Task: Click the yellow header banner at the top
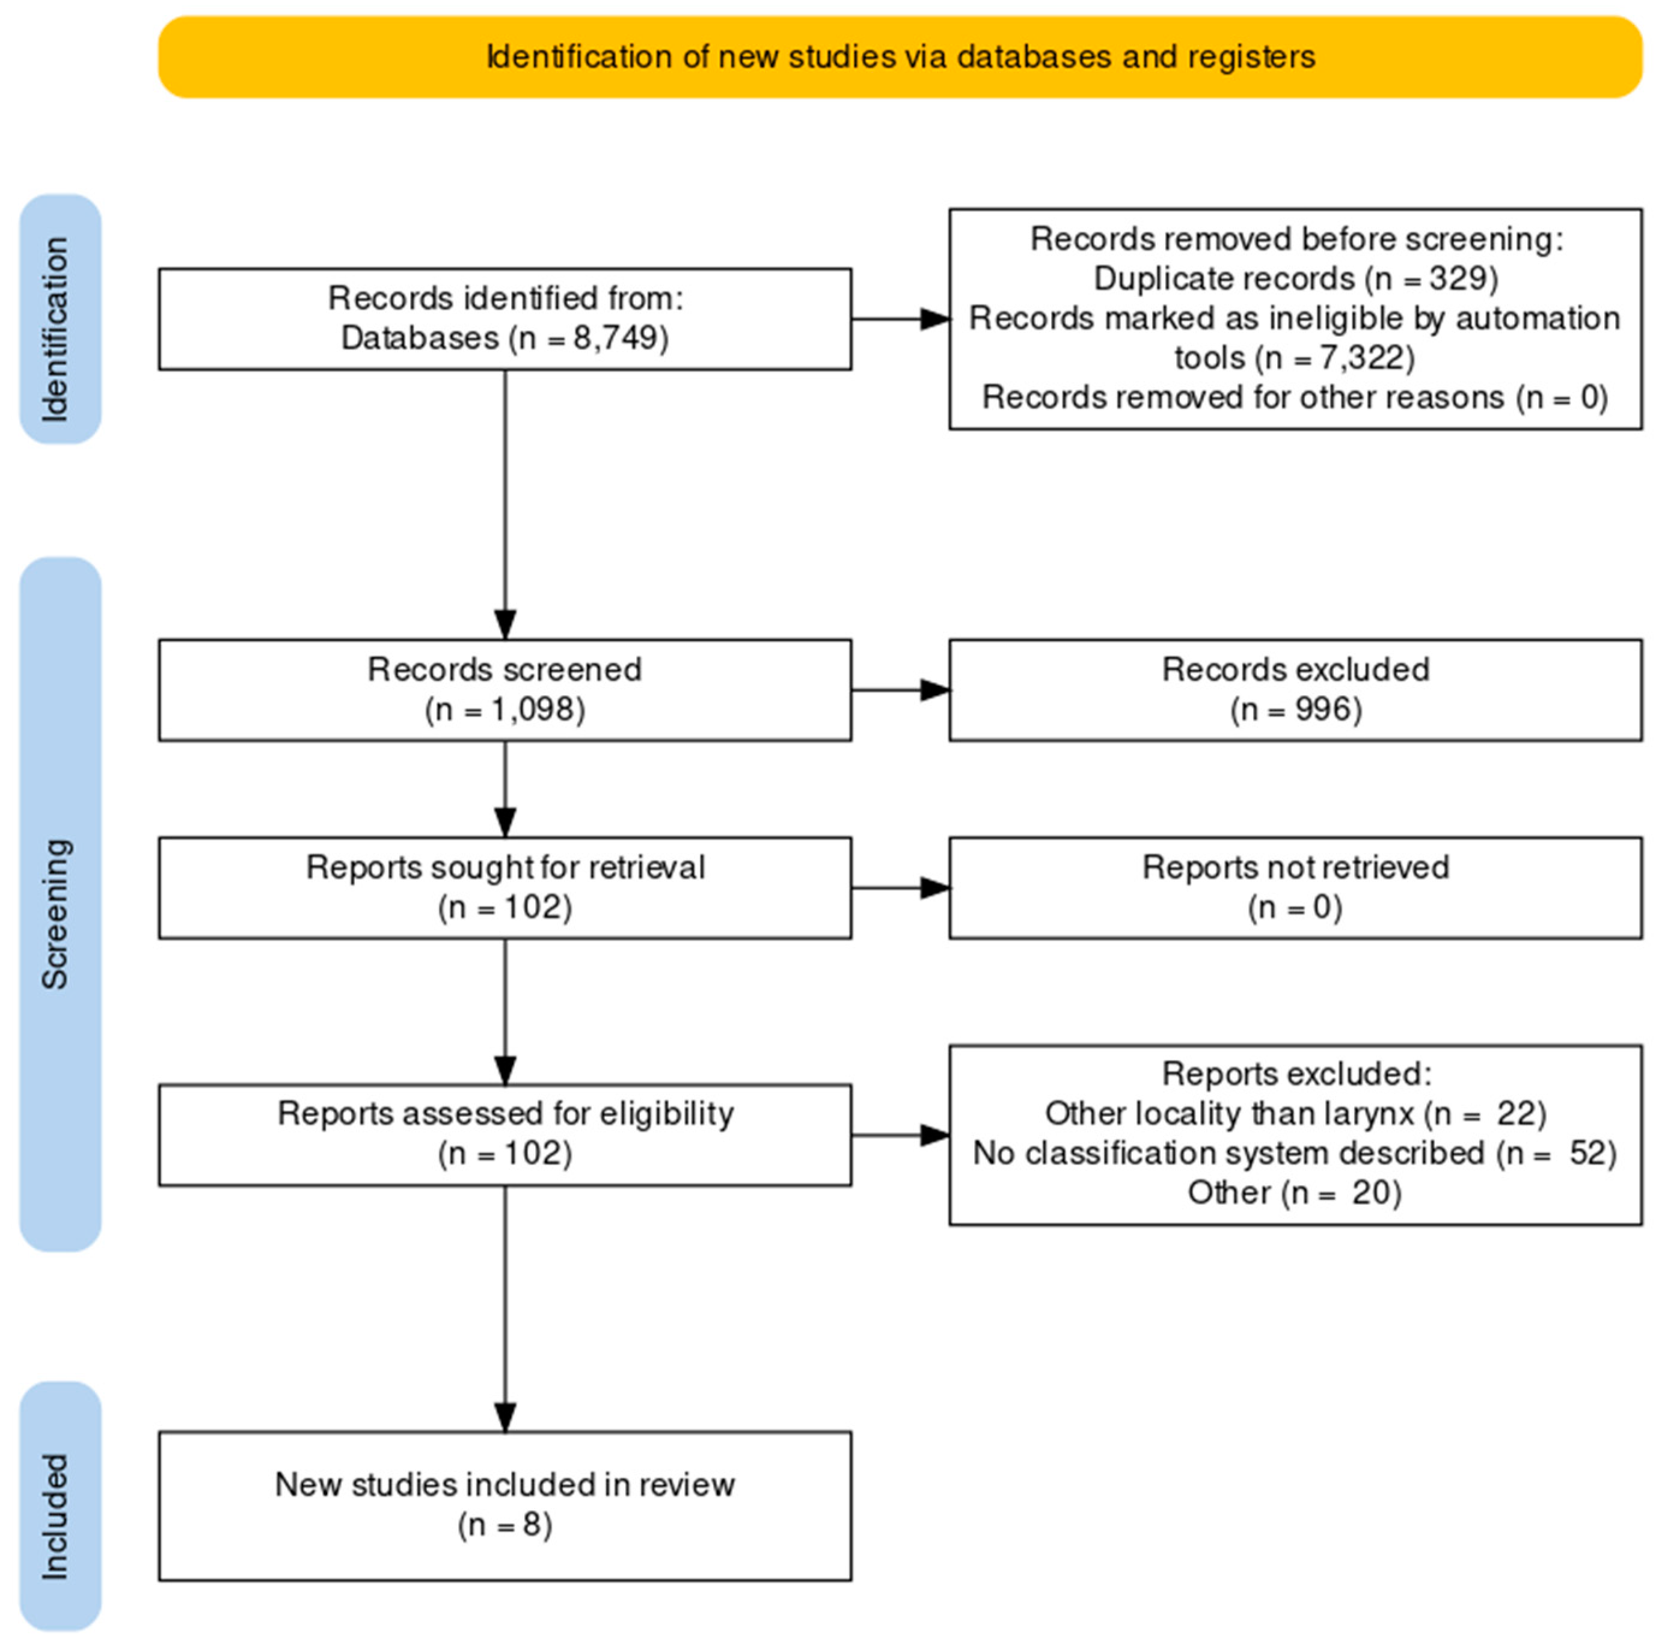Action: pyautogui.click(x=900, y=57)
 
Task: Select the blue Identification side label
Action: pyautogui.click(x=60, y=319)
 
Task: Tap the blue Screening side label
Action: pyautogui.click(x=60, y=904)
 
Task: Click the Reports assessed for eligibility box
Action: pyautogui.click(x=505, y=1134)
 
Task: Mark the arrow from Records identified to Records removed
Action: pyautogui.click(x=900, y=319)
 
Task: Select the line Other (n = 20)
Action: pyautogui.click(x=1294, y=1192)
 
